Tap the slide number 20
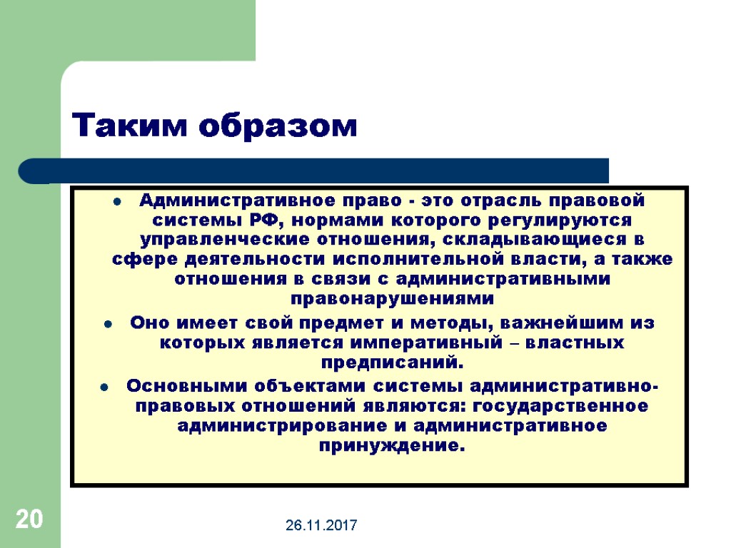[29, 519]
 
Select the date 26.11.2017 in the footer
[322, 526]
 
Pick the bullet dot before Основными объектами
[104, 389]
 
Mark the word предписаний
[392, 362]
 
